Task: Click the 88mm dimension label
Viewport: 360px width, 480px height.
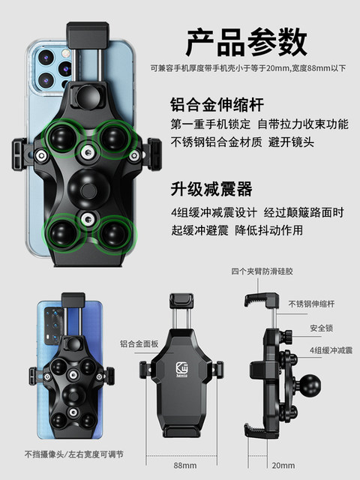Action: pos(180,464)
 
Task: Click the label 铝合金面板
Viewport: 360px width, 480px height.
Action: pos(139,344)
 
